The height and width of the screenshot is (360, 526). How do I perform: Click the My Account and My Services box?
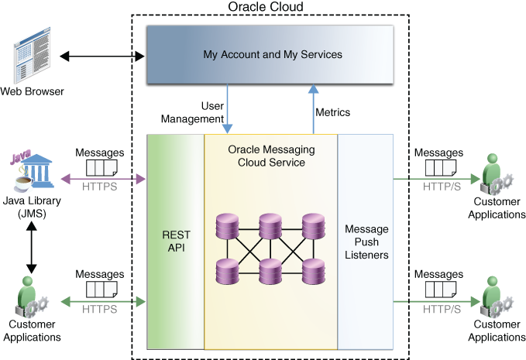(271, 54)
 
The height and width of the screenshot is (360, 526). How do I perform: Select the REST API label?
(176, 241)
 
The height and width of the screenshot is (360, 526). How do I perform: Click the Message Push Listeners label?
(366, 242)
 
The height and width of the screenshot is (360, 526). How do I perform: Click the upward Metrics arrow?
(313, 108)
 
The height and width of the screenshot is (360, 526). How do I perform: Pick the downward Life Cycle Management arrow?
(228, 108)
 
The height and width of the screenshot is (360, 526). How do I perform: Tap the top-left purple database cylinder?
(229, 225)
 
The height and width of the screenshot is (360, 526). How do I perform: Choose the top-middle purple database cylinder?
(270, 225)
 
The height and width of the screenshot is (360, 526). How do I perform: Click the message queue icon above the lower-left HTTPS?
(101, 290)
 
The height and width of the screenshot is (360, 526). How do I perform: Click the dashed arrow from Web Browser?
(101, 57)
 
